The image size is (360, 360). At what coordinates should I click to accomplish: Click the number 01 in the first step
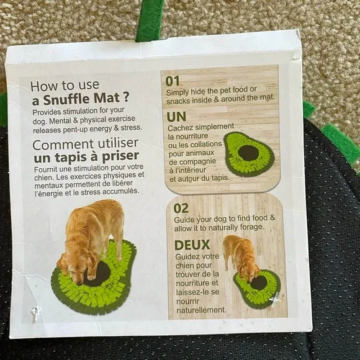[173, 81]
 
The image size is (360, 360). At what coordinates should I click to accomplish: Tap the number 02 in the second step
[181, 208]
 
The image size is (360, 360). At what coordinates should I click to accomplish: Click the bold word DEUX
[192, 245]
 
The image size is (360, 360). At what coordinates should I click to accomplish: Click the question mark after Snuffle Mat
[126, 97]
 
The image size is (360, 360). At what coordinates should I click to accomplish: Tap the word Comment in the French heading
[63, 145]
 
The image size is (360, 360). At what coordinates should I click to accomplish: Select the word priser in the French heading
[120, 156]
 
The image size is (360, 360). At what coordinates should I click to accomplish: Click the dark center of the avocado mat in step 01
[248, 153]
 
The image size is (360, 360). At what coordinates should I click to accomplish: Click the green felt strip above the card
[149, 20]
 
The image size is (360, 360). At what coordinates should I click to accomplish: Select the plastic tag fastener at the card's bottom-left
[36, 313]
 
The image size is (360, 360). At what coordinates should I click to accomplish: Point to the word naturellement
[201, 310]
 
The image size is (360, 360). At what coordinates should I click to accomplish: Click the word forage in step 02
[251, 227]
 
